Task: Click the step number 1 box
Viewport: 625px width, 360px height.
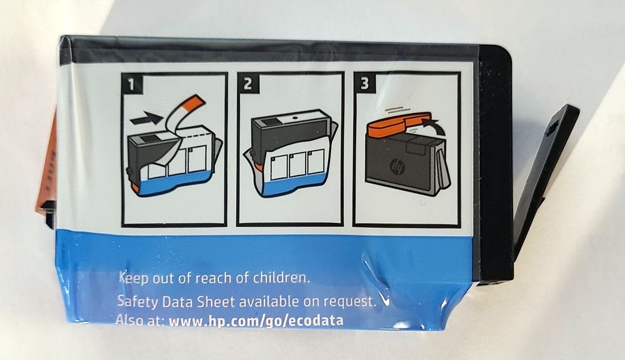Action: pyautogui.click(x=132, y=84)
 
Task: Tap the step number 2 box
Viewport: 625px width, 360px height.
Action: pyautogui.click(x=248, y=83)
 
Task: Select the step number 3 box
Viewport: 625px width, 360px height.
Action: pyautogui.click(x=364, y=83)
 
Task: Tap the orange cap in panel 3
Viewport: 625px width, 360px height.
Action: pyautogui.click(x=399, y=122)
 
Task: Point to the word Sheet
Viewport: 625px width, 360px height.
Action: pyautogui.click(x=216, y=301)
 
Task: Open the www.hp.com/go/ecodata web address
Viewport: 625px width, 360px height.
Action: pyautogui.click(x=256, y=321)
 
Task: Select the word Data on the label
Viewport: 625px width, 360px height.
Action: pyautogui.click(x=177, y=301)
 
